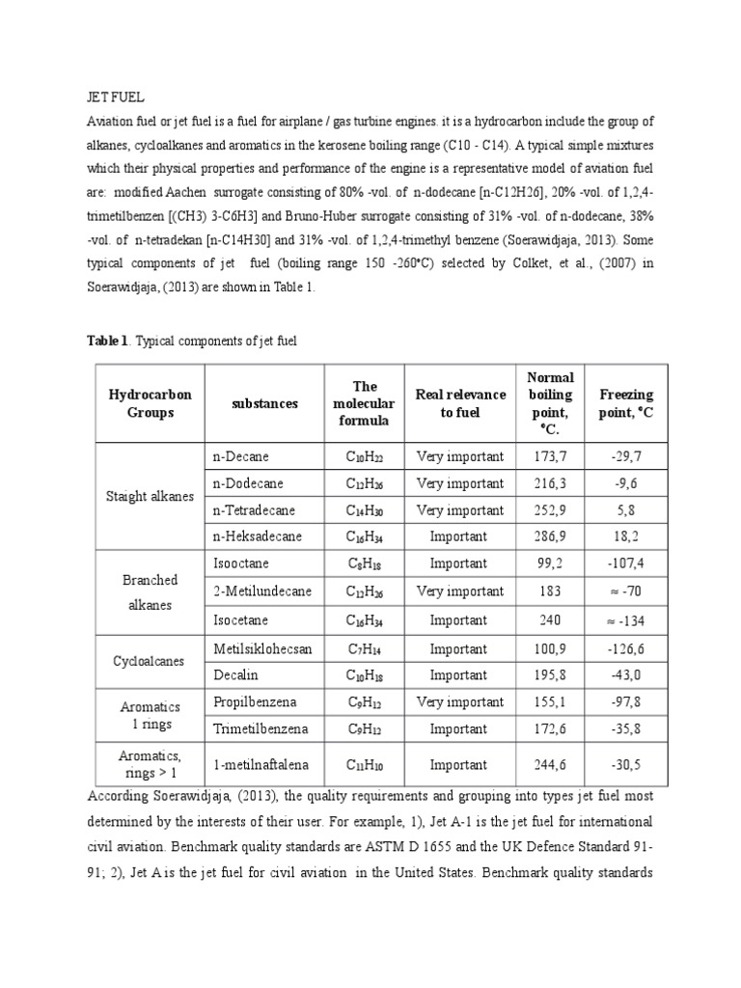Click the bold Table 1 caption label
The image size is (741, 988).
click(107, 342)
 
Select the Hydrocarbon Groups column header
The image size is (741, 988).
click(150, 403)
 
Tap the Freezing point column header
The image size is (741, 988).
click(626, 403)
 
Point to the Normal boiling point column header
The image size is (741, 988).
click(550, 403)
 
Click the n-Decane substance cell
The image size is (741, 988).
click(241, 456)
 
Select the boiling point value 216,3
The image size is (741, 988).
click(550, 483)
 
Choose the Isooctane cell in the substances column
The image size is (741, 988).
click(241, 563)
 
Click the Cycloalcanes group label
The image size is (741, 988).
click(150, 663)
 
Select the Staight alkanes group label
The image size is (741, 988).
click(150, 496)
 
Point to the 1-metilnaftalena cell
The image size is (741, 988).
click(261, 765)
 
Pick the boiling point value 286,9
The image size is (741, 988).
click(550, 536)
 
